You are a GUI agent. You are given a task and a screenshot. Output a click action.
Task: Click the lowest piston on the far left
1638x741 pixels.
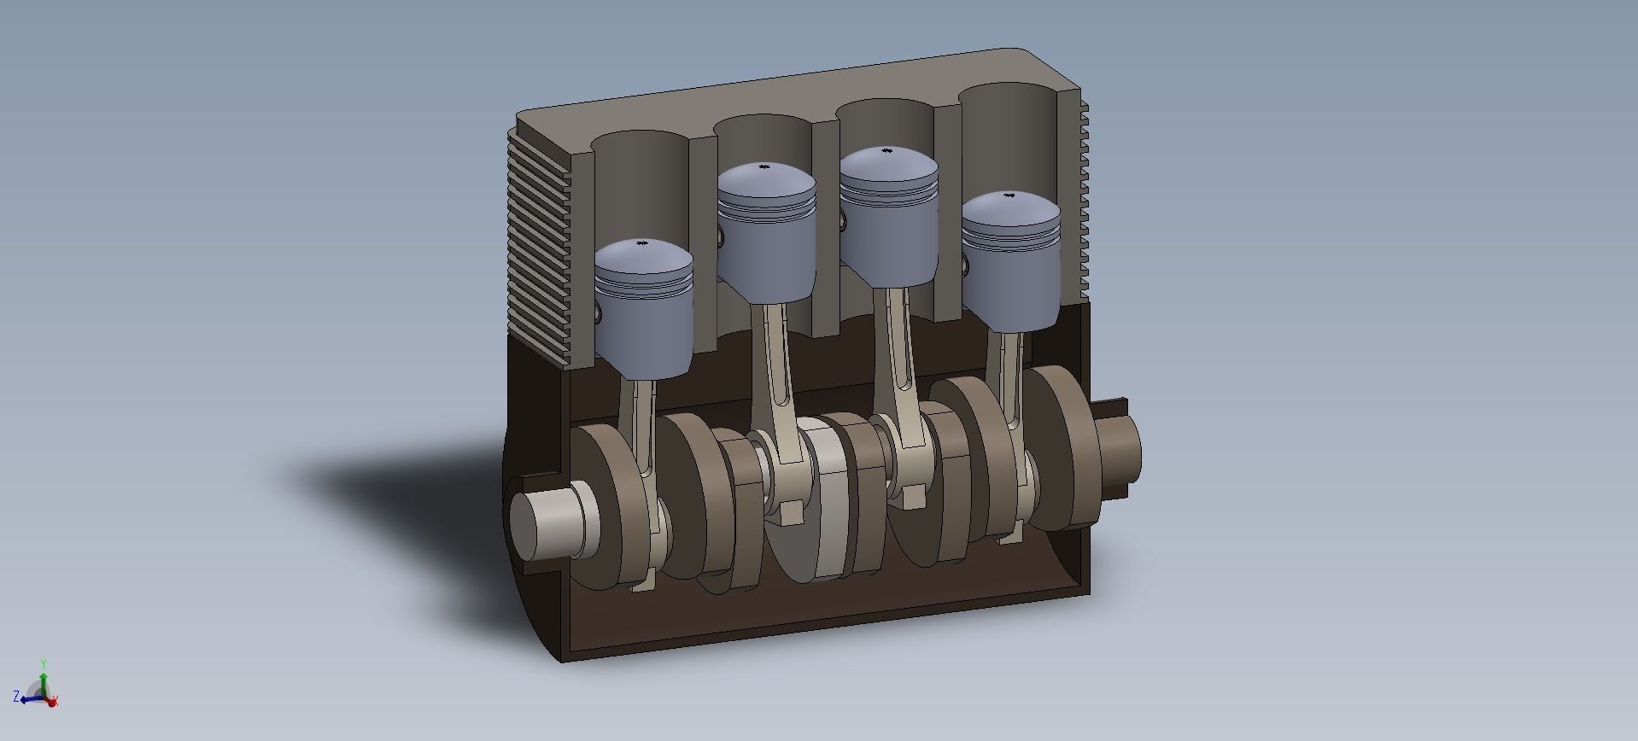coord(645,316)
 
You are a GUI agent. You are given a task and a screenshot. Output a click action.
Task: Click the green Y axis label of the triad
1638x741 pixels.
coord(44,663)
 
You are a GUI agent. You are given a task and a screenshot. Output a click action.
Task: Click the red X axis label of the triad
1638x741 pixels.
coord(56,703)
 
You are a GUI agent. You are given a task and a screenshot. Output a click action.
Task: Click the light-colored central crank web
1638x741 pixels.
coord(828,504)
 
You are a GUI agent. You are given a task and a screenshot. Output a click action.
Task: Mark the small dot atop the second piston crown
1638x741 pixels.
coord(766,168)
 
